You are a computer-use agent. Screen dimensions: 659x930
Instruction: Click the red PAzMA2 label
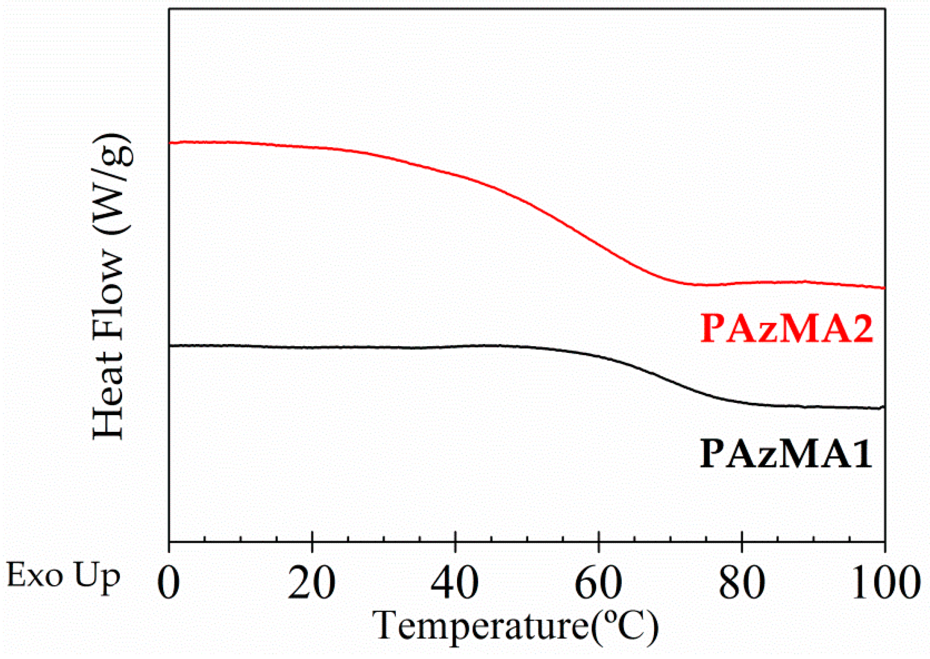(x=786, y=329)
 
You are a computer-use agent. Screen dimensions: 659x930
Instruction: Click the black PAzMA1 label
(x=785, y=454)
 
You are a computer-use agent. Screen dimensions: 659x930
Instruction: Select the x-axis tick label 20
(x=312, y=583)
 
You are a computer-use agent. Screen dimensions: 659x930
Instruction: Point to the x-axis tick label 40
(x=455, y=583)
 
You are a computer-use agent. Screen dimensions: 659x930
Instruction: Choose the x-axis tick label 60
(x=598, y=583)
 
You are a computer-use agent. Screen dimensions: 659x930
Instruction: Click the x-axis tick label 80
(x=742, y=583)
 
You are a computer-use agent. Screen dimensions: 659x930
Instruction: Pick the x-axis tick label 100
(x=884, y=583)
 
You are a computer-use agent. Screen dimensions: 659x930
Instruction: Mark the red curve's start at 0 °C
(x=170, y=143)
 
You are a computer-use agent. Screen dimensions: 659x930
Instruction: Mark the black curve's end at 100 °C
(x=884, y=407)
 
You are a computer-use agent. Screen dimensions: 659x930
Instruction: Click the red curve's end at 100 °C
(x=884, y=288)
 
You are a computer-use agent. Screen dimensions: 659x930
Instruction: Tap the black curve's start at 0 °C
(x=170, y=345)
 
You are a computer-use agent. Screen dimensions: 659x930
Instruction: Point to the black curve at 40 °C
(x=455, y=346)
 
